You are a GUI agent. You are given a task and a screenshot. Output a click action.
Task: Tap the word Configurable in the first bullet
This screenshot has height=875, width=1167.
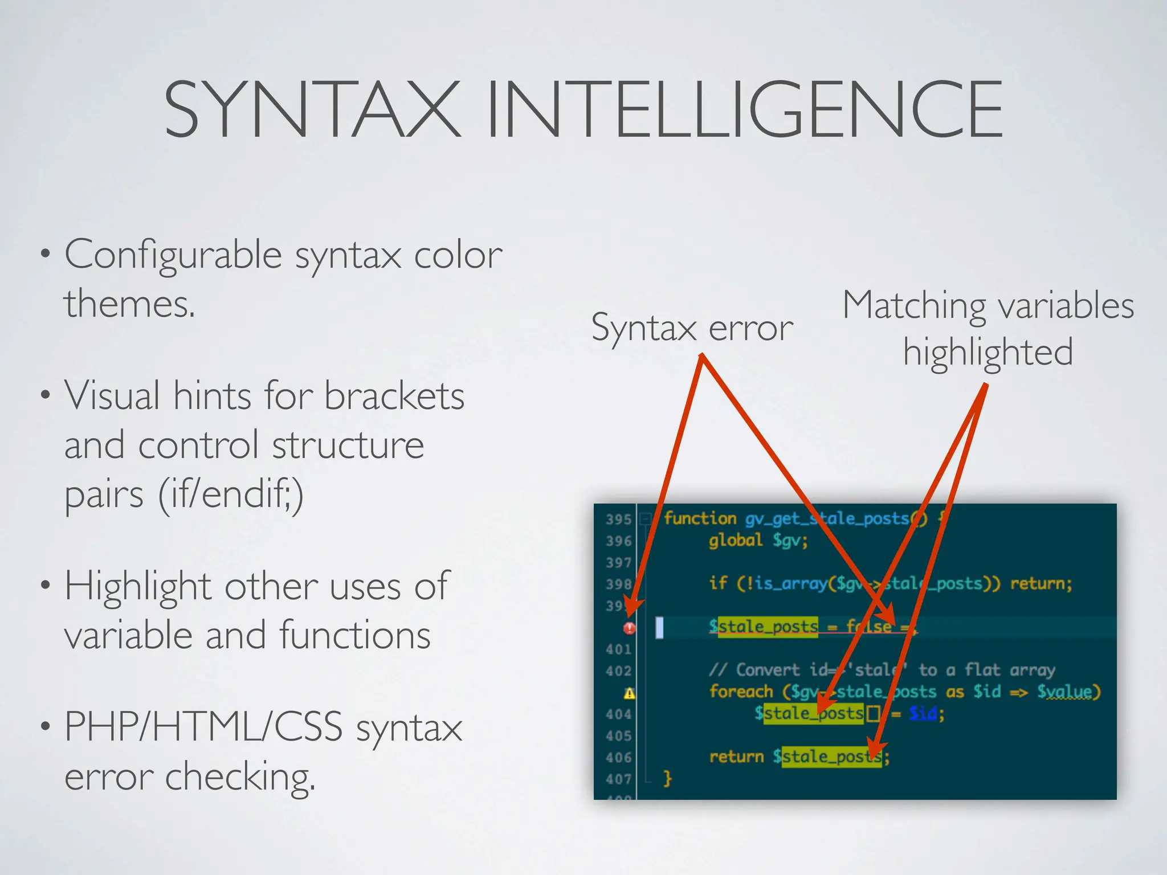(x=173, y=255)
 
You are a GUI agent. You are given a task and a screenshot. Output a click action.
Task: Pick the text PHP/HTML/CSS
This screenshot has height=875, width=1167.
(x=203, y=727)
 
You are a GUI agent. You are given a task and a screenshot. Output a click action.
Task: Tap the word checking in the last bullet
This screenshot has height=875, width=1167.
(x=239, y=777)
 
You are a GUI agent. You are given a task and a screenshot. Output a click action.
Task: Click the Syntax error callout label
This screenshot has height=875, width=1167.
(x=692, y=328)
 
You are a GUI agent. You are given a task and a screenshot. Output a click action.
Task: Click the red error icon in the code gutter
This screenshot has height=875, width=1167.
(x=629, y=628)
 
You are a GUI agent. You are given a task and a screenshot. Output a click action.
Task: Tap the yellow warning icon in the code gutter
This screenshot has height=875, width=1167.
(x=629, y=693)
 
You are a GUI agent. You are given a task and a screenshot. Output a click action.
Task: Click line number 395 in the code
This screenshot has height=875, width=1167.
(x=619, y=520)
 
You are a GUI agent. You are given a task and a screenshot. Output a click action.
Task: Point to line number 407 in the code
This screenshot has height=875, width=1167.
(x=619, y=779)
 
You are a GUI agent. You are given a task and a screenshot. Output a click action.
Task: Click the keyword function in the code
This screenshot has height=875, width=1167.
(x=700, y=518)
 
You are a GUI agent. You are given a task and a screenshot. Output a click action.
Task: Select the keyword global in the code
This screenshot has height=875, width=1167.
(x=735, y=540)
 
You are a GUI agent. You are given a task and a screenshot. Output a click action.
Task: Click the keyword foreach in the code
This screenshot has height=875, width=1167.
(x=741, y=692)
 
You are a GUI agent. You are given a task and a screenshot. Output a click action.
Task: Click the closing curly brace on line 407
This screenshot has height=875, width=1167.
(x=668, y=778)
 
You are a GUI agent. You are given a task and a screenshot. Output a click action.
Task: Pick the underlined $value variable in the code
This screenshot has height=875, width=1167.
(x=1066, y=692)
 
